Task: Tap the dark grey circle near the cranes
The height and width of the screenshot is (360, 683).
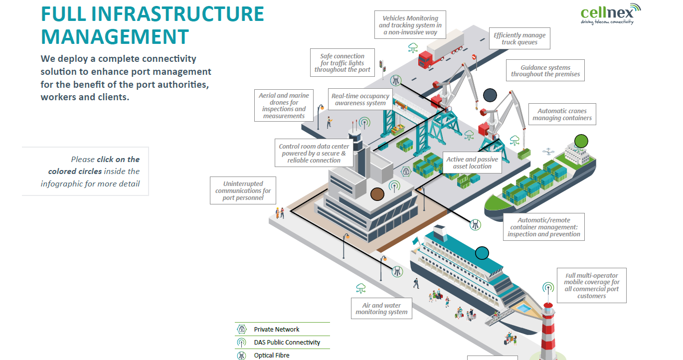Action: tap(490, 95)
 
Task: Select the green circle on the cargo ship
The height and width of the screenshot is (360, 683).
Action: tap(581, 141)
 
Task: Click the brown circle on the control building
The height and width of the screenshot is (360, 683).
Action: tap(377, 193)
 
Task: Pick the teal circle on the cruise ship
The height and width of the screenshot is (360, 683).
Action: tap(482, 253)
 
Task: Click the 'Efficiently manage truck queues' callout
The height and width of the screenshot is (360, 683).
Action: tap(519, 38)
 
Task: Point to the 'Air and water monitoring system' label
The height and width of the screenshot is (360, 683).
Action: tap(381, 309)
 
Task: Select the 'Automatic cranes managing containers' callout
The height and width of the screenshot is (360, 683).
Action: tap(562, 115)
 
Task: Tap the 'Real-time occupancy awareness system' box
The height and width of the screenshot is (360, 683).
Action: tap(360, 99)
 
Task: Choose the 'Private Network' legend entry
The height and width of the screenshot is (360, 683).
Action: tap(277, 329)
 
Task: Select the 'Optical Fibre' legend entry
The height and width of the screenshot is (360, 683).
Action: tap(271, 355)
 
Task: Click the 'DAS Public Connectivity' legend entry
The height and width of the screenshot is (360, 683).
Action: tap(287, 342)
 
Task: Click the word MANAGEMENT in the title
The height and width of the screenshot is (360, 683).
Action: tap(115, 37)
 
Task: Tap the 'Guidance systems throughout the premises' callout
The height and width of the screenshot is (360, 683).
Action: tap(545, 71)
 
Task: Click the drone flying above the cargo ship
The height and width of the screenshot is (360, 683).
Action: tap(550, 150)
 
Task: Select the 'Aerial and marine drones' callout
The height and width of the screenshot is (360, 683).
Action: tap(284, 106)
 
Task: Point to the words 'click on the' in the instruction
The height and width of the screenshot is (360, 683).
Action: tap(118, 160)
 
